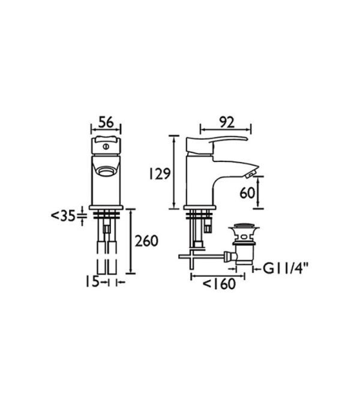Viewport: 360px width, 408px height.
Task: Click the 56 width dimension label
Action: click(106, 122)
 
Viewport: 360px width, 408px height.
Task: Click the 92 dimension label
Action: click(227, 122)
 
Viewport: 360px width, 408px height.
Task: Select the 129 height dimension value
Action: click(160, 174)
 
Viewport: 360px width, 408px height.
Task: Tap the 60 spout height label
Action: click(247, 193)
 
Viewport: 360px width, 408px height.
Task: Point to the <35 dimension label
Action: click(64, 216)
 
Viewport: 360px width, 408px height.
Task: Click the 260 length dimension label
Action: click(146, 241)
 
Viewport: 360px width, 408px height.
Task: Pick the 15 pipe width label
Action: click(92, 282)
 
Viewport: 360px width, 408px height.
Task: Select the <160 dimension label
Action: click(219, 284)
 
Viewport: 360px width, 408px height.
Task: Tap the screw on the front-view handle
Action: click(106, 146)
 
